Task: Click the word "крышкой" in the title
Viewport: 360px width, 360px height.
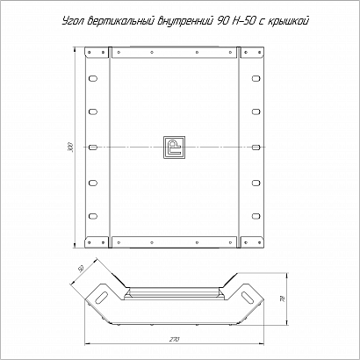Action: click(x=287, y=21)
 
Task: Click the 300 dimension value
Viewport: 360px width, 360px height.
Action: click(x=71, y=147)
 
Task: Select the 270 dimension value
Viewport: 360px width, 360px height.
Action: click(x=175, y=340)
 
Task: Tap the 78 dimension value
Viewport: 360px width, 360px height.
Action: click(x=283, y=299)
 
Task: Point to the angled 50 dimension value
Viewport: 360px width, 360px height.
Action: click(x=82, y=269)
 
